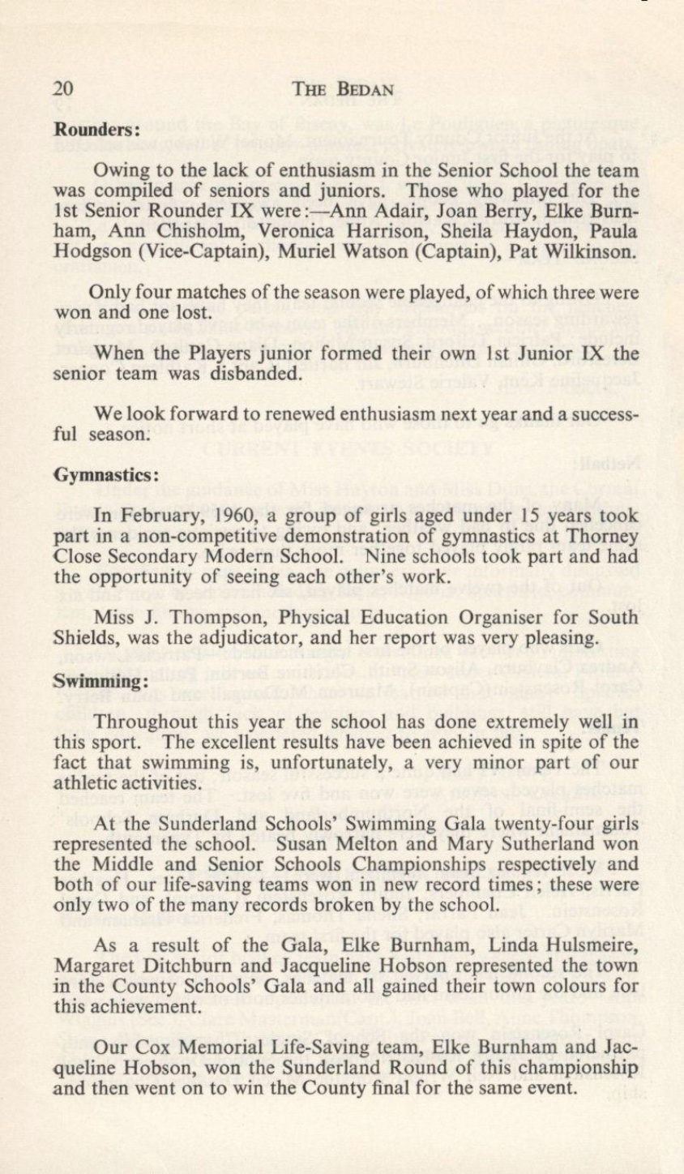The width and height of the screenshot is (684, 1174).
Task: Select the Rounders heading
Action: click(x=98, y=129)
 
